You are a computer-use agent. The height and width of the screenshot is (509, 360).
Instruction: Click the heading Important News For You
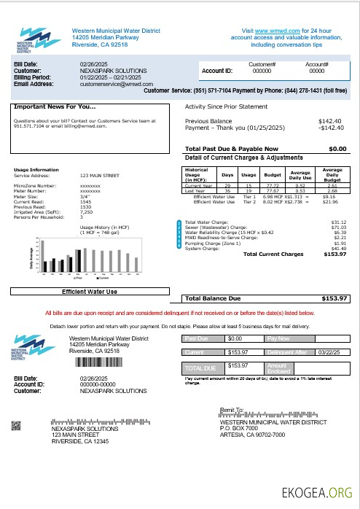click(54, 106)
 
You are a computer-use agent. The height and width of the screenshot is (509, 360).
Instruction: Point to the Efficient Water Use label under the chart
click(89, 292)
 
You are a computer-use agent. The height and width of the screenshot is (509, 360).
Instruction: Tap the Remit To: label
click(233, 411)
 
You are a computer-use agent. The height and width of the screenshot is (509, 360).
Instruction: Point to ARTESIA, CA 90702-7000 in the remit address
click(259, 435)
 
